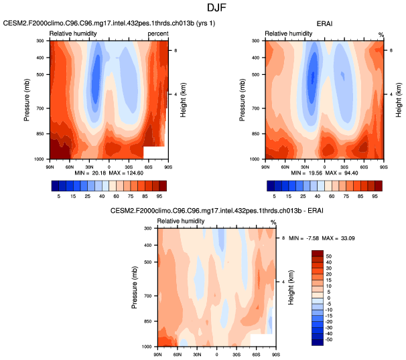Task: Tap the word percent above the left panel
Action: point(158,33)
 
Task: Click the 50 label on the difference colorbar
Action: point(329,256)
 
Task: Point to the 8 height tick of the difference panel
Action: point(283,238)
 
